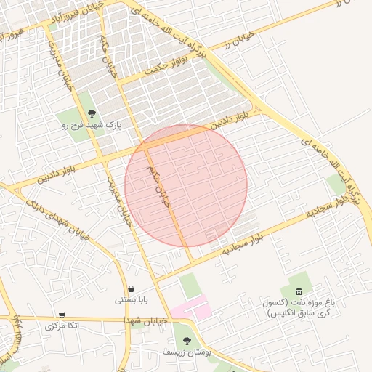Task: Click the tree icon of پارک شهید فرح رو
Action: (x=92, y=113)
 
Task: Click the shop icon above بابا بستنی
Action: (x=130, y=288)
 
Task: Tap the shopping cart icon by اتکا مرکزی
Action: (x=61, y=315)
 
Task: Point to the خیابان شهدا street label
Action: (x=145, y=320)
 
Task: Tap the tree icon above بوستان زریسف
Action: (x=187, y=340)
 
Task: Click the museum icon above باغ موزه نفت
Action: (x=299, y=291)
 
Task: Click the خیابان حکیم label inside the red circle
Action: (x=158, y=187)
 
